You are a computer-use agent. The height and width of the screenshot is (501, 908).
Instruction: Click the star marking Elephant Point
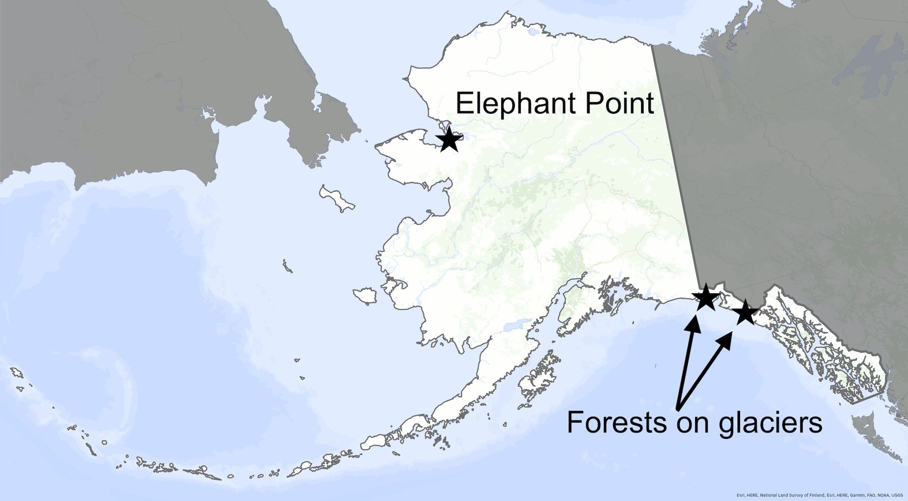[x=449, y=139]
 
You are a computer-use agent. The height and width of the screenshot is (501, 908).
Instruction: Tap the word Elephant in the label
[x=515, y=103]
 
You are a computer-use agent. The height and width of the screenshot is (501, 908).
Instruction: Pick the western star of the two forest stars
[x=706, y=297]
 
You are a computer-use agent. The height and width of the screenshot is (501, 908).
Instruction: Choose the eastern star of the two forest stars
[x=745, y=312]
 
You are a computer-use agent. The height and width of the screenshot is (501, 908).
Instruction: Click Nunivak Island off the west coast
[x=365, y=296]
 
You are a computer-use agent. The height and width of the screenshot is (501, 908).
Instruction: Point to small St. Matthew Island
[x=287, y=266]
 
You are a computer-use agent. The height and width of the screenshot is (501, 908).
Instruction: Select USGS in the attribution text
[x=897, y=495]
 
